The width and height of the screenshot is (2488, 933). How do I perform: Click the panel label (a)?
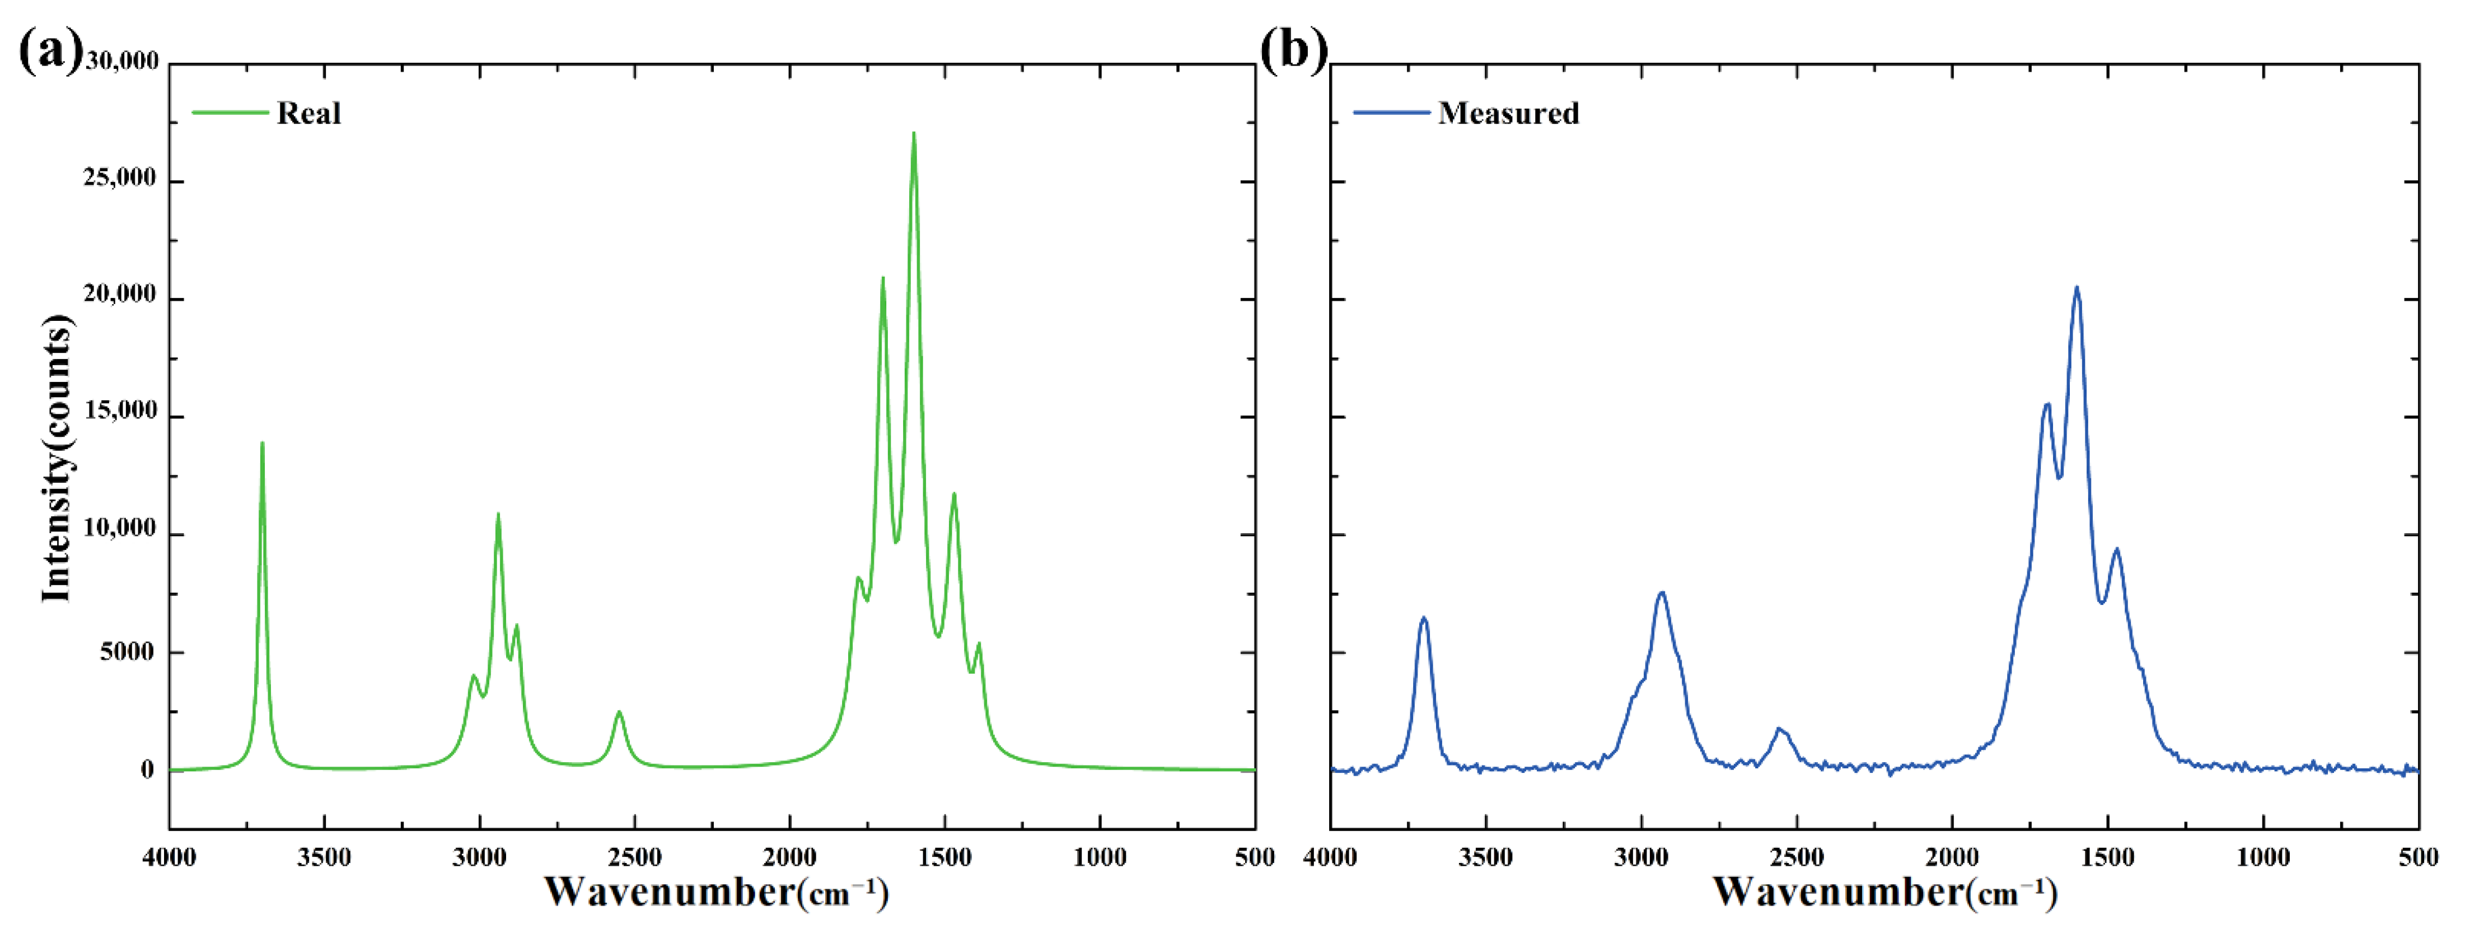tap(50, 50)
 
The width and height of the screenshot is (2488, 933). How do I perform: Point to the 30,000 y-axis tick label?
tap(121, 62)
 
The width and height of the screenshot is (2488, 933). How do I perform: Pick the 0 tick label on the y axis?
tap(147, 770)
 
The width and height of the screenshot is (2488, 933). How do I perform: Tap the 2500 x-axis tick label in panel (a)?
tap(634, 857)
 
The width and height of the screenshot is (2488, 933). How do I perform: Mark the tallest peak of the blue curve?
tap(2077, 288)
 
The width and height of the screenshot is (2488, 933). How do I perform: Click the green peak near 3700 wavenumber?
tap(262, 444)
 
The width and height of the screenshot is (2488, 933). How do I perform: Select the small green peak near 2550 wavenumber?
tap(619, 713)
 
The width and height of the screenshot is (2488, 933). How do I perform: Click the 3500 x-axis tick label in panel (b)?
tap(1485, 857)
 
